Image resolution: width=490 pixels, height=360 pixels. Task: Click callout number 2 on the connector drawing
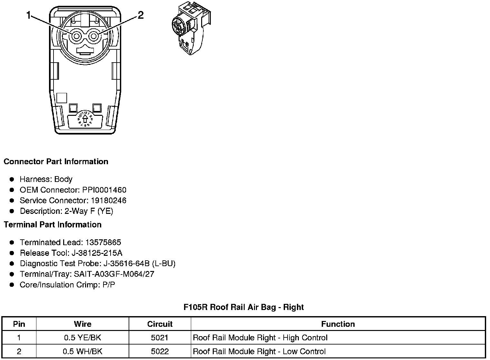141,15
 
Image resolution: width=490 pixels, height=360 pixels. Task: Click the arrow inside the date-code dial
85,119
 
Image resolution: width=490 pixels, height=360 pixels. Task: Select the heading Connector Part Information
56,162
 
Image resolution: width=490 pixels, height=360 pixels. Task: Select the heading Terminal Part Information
53,225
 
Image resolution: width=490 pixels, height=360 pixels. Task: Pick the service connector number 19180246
108,201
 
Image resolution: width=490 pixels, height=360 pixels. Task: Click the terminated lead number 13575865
103,243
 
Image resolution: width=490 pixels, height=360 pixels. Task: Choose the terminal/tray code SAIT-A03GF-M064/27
114,275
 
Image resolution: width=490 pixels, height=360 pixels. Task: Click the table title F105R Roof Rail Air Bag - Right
244,307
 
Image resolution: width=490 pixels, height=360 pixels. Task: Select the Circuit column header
160,324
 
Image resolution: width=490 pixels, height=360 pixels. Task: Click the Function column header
338,324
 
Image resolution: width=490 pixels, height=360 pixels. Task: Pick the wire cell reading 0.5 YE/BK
83,338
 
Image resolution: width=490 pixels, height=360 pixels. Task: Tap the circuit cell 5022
160,352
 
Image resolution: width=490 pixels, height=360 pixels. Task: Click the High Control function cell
260,338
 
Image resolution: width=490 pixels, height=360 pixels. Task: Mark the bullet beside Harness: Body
12,179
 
